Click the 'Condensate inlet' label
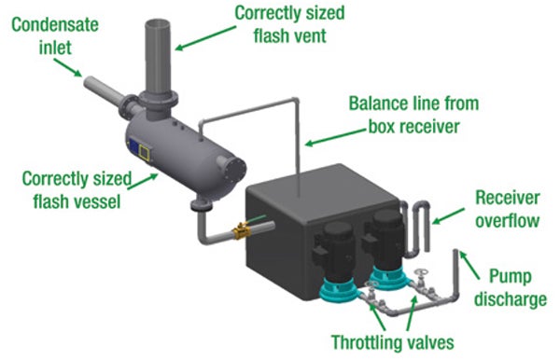click(x=55, y=36)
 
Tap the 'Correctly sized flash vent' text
click(x=289, y=24)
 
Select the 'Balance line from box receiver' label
click(x=413, y=115)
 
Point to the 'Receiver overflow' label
click(x=508, y=209)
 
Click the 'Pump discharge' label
click(x=511, y=287)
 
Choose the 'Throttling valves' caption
click(x=393, y=341)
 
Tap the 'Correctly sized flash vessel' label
click(x=77, y=190)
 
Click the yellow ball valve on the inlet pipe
click(x=242, y=231)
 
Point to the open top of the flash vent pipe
click(x=157, y=24)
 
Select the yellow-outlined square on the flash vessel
click(x=145, y=152)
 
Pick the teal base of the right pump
click(x=388, y=276)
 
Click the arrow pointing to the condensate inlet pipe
click(x=67, y=67)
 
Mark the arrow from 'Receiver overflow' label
click(x=448, y=216)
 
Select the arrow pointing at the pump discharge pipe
click(x=469, y=265)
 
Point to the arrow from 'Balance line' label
click(x=336, y=137)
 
